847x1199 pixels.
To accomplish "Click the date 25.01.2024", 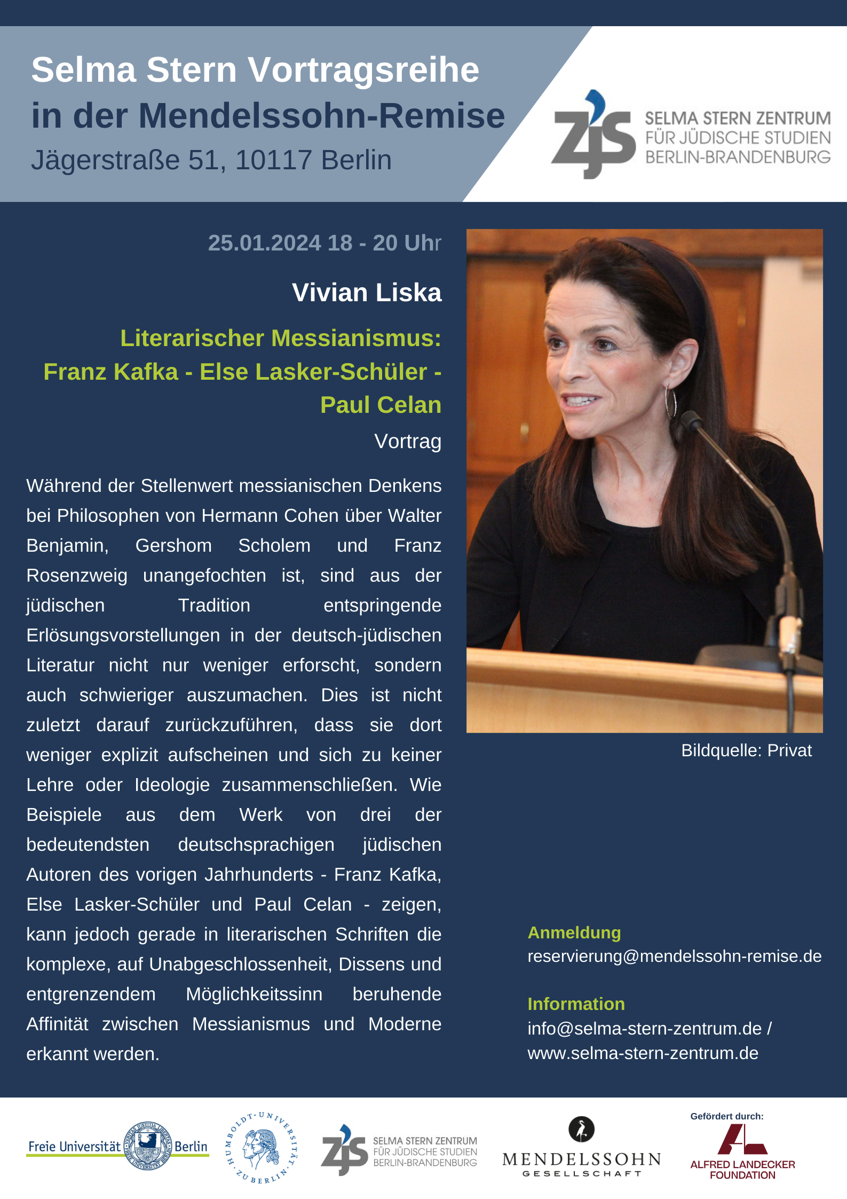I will pos(264,243).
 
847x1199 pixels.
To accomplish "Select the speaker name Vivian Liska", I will pos(367,293).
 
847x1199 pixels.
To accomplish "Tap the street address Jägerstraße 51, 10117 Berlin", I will pos(211,160).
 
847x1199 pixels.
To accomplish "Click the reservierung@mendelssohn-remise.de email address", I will pos(674,956).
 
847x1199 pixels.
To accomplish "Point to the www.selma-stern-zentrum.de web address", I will pos(643,1053).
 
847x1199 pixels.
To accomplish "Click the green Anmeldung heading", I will pos(574,932).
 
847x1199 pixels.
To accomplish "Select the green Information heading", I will pos(576,1004).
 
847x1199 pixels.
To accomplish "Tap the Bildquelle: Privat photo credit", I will pos(746,750).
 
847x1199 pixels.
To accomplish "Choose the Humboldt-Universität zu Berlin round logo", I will pos(261,1147).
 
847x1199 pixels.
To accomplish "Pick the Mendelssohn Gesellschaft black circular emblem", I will pos(581,1130).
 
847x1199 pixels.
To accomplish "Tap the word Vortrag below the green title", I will pos(408,442).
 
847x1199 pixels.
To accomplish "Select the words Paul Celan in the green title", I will pos(381,405).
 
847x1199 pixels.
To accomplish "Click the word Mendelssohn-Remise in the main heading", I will pos(321,116).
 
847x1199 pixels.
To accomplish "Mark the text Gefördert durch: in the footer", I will pos(726,1116).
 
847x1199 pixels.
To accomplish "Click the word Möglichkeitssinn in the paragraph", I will pos(254,994).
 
